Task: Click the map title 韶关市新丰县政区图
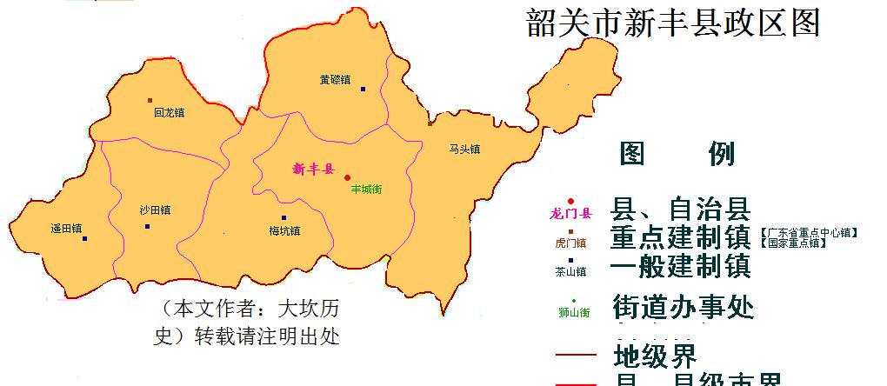tap(673, 23)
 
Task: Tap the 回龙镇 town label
tap(170, 112)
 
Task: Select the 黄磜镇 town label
tap(335, 80)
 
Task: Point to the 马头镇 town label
tap(465, 149)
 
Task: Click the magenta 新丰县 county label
tap(314, 169)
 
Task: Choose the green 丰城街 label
tap(367, 189)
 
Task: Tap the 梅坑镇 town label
tap(284, 231)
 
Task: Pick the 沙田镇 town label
tap(155, 210)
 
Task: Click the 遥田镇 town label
tap(66, 230)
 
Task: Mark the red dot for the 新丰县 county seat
tap(348, 177)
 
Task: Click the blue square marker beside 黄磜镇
tap(363, 89)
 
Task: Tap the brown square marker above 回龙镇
tap(150, 101)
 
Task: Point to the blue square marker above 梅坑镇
tap(283, 218)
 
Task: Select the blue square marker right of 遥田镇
tap(85, 238)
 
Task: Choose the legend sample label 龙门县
tap(571, 213)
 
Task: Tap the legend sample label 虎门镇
tap(570, 243)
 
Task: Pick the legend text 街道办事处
tap(683, 308)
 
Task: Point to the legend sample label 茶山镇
tap(570, 271)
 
